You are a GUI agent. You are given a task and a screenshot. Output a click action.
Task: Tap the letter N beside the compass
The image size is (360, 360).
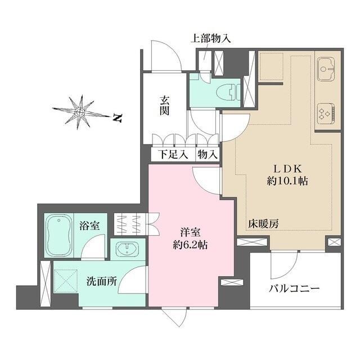[x=118, y=118]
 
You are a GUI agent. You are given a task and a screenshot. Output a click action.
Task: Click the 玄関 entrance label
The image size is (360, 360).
[x=165, y=105]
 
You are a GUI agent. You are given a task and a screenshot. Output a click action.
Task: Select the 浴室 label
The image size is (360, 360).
[x=89, y=226]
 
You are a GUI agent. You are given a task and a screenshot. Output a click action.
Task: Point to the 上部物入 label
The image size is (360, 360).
[x=211, y=39]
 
